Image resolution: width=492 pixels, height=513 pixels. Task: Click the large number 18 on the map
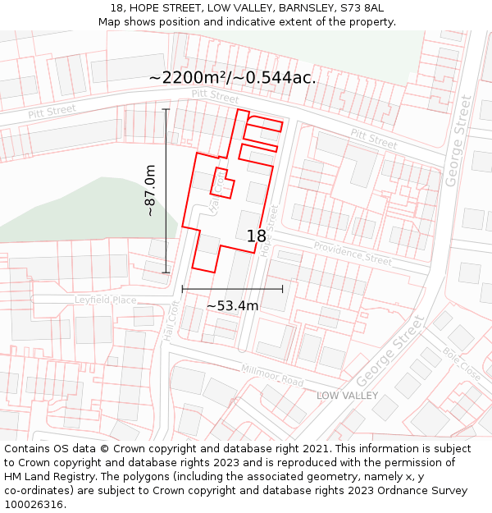[x=256, y=236]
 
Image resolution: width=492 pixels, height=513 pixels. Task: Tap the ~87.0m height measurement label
[x=150, y=190]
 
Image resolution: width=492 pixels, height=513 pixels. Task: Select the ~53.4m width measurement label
[x=232, y=306]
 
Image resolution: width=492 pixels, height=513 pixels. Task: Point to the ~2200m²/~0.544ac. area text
[x=232, y=78]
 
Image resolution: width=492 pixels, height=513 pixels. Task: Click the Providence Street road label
[x=353, y=253]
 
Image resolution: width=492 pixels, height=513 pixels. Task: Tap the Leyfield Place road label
[x=105, y=300]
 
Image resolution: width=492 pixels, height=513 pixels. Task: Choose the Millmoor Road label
[x=272, y=376]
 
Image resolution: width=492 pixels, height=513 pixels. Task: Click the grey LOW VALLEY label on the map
[x=348, y=396]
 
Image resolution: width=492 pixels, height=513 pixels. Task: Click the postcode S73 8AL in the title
[x=361, y=8]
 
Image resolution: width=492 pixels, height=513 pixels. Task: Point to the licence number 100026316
[x=34, y=505]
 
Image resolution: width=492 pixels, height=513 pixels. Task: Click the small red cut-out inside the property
[x=222, y=183]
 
